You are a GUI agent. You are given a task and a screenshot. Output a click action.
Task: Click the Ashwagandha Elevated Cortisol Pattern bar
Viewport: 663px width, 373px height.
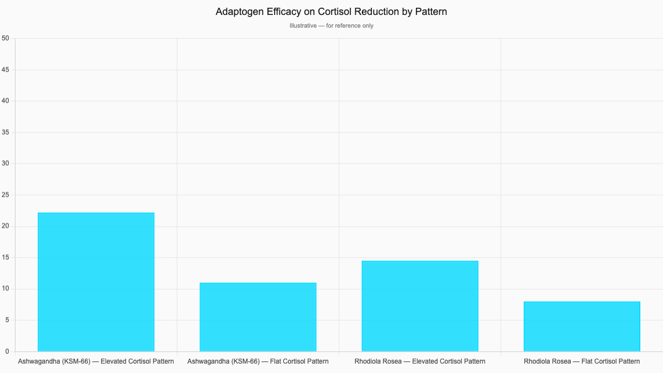point(96,282)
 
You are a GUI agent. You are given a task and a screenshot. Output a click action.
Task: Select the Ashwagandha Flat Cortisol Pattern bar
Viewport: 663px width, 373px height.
point(258,317)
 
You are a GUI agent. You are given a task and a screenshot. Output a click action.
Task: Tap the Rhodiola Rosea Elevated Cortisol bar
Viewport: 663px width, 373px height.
point(420,306)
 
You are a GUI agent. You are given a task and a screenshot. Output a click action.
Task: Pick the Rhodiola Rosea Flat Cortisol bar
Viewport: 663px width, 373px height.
point(582,327)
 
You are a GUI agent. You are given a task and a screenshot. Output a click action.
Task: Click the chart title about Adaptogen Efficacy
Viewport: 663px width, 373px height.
point(331,12)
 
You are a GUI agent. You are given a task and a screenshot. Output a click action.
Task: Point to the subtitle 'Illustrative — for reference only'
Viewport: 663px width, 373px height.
point(331,26)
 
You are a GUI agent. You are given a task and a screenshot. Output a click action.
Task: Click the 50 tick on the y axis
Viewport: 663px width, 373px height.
point(6,38)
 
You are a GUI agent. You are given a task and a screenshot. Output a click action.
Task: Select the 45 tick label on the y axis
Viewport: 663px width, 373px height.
point(6,70)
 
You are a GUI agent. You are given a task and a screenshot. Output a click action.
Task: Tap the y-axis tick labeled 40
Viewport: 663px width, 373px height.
point(6,101)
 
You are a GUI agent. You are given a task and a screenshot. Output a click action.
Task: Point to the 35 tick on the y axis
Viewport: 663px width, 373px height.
point(6,133)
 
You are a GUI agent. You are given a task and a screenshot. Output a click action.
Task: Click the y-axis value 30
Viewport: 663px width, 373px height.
point(6,164)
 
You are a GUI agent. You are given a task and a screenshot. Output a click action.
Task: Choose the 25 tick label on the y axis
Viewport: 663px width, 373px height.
point(6,195)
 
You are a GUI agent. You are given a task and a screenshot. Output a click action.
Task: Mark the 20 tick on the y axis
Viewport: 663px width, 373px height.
point(6,227)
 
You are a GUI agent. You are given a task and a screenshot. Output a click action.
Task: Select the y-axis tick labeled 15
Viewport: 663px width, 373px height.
point(6,258)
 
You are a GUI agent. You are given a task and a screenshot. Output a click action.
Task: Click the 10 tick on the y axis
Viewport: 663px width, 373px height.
point(6,289)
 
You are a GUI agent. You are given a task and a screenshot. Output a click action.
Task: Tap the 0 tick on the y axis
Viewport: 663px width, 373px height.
point(7,351)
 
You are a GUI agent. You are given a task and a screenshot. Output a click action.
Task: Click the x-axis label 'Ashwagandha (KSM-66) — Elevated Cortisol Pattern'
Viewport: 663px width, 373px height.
point(96,361)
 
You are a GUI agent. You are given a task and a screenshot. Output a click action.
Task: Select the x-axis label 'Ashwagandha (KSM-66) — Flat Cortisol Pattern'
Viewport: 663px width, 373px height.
point(258,361)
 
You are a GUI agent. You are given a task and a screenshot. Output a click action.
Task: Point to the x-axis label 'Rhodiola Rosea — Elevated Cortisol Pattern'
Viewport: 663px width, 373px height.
point(420,361)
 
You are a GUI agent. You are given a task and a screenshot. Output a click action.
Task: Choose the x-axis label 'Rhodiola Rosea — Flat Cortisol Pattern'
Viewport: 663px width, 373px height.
point(582,361)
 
